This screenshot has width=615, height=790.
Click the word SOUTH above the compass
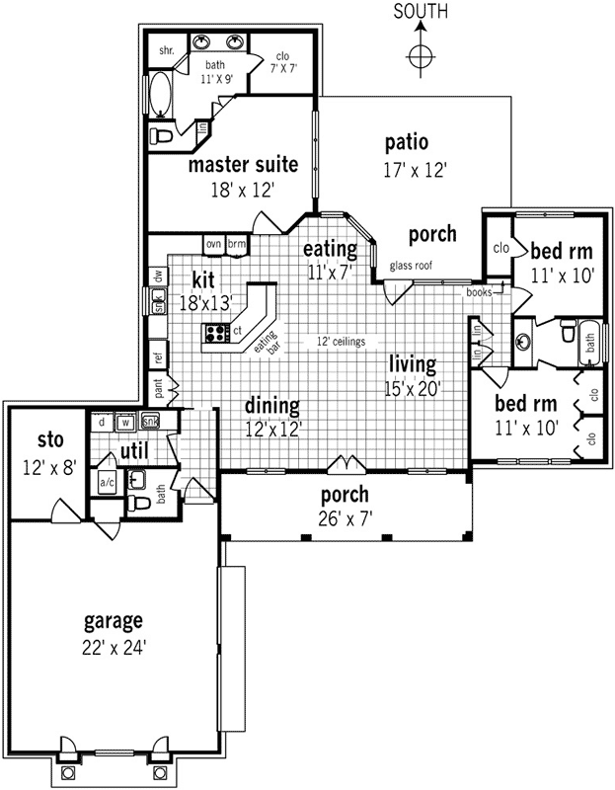(x=421, y=12)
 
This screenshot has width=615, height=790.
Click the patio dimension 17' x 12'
(x=416, y=170)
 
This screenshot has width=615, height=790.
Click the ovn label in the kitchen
(x=213, y=243)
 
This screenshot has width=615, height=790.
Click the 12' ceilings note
(x=341, y=342)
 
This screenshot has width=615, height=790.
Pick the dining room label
(x=271, y=405)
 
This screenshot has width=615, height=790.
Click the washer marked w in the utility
(x=125, y=423)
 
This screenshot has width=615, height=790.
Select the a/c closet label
(x=107, y=483)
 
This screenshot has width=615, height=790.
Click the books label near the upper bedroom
(x=479, y=292)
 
